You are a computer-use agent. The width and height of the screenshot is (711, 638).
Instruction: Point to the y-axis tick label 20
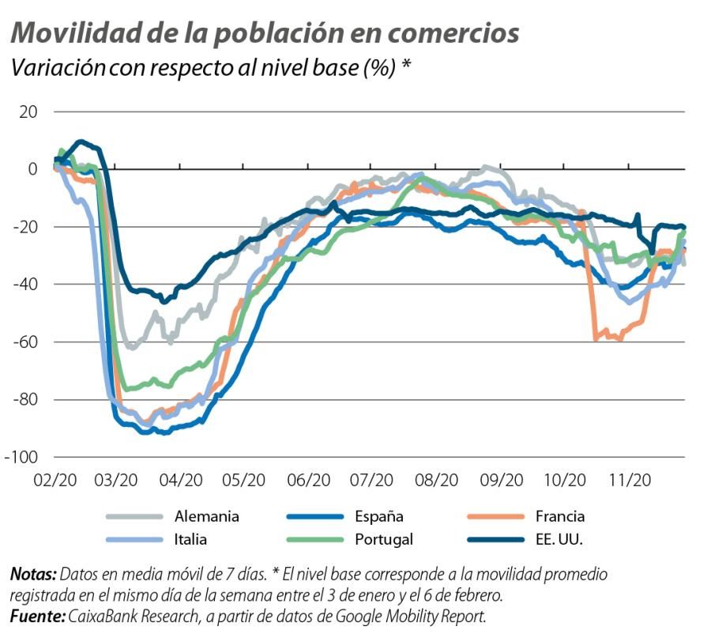coord(28,111)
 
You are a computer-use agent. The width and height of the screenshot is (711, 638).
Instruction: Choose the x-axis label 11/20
coord(628,479)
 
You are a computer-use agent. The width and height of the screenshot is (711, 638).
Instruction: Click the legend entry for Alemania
coord(206,517)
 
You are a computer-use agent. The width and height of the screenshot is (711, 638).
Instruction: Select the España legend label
coord(378,517)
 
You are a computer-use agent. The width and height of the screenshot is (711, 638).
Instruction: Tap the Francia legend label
coord(559,517)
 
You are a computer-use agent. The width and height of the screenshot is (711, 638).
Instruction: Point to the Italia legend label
coord(193,540)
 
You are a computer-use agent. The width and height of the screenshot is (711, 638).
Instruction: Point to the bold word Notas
coord(33,574)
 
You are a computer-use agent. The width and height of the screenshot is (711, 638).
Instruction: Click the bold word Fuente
coord(37,614)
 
